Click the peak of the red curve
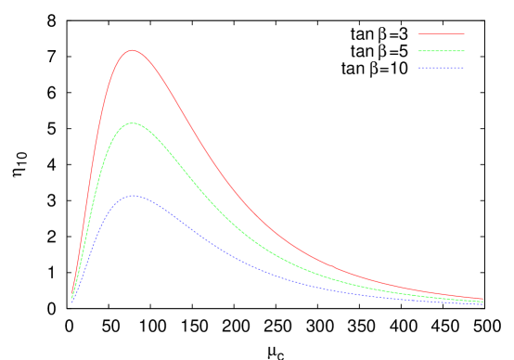(132, 50)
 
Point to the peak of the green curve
(133, 122)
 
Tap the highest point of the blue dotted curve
(133, 195)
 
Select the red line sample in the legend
(441, 33)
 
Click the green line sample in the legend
(441, 50)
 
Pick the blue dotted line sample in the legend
(441, 67)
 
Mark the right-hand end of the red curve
(482, 299)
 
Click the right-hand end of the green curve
(482, 301)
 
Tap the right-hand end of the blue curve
(482, 303)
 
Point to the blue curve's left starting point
(72, 302)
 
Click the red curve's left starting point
(72, 295)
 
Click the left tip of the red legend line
(418, 33)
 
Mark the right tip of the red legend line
(464, 33)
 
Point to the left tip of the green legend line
(418, 50)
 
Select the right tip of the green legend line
(464, 50)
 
